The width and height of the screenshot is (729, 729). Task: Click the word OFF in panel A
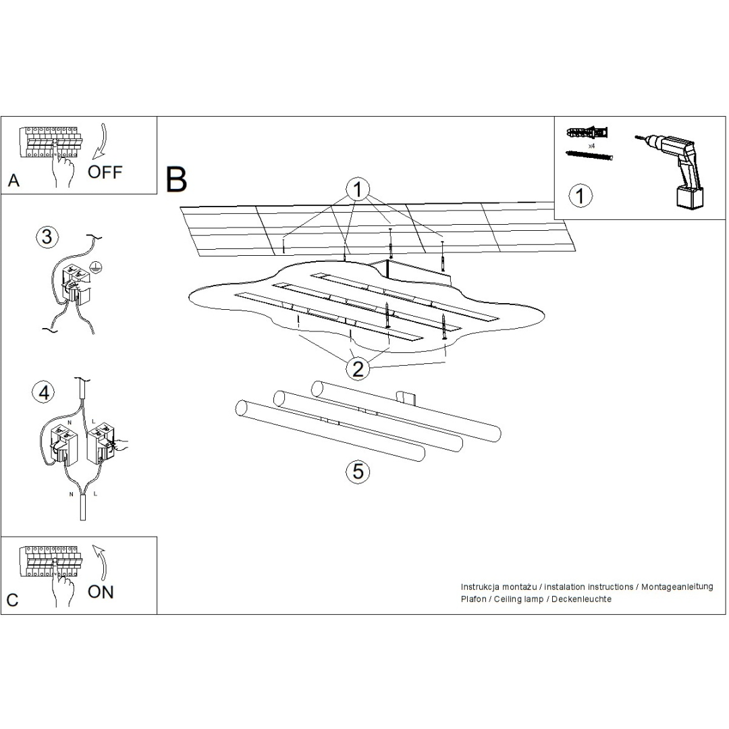coord(105,171)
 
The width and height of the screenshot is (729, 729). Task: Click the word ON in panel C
coord(101,592)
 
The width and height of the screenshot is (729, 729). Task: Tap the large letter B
coord(176,180)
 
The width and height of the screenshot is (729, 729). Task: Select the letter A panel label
coord(13,180)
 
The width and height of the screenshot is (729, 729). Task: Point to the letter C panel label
coord(12,600)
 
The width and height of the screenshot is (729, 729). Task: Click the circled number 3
coord(47,237)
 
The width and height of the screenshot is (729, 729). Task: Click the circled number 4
coord(45,392)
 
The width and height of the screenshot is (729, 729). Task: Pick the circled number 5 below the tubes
coord(358,471)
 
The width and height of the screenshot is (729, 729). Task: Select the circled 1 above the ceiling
coord(358,189)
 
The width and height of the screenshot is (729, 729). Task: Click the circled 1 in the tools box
coord(580,196)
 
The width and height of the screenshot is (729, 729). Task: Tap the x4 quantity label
coord(591,146)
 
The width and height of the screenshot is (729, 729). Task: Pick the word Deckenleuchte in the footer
coord(582,599)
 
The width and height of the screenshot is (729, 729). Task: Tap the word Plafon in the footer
coord(473,599)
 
